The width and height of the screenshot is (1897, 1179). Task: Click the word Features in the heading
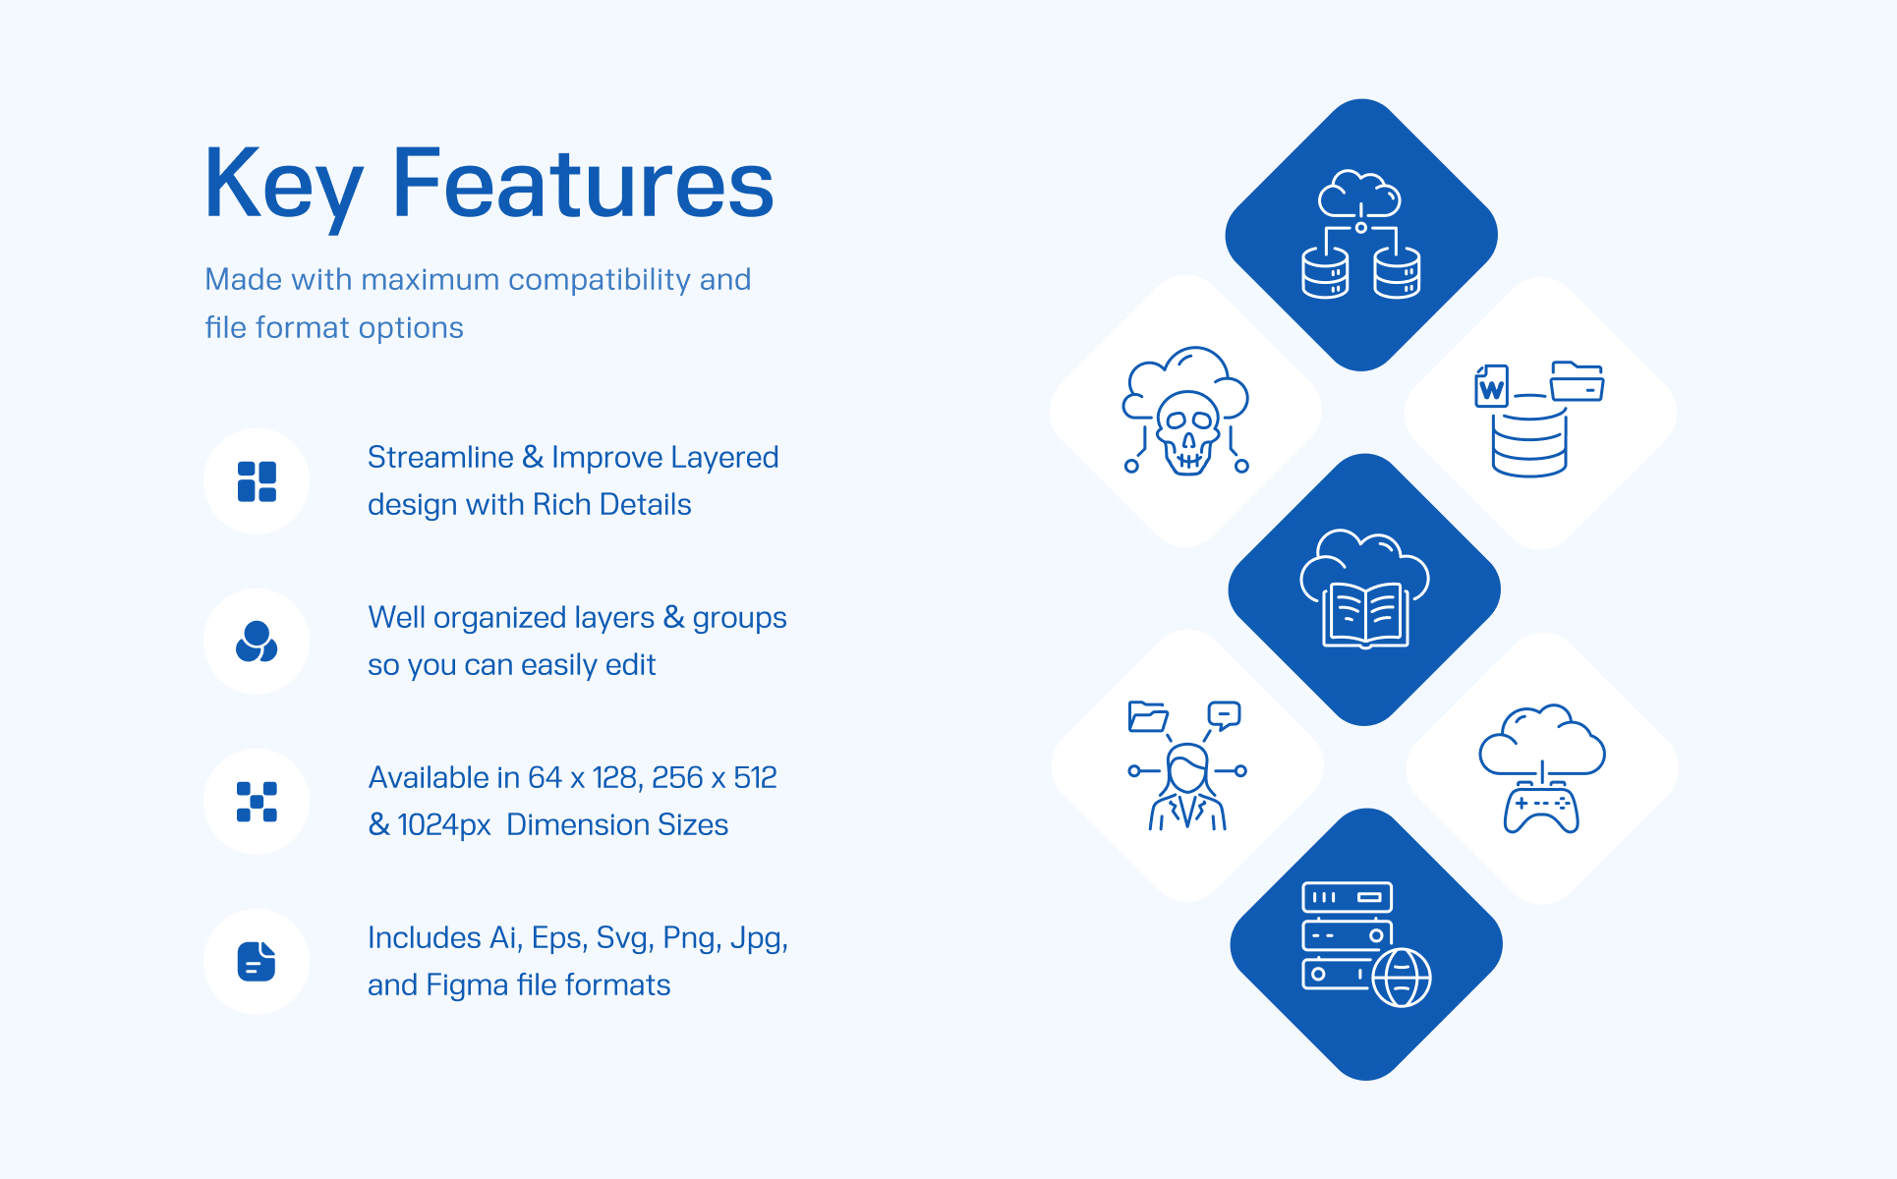click(x=584, y=183)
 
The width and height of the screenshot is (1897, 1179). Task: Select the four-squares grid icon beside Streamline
click(x=257, y=481)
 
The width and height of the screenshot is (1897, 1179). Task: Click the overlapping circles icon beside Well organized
click(x=257, y=642)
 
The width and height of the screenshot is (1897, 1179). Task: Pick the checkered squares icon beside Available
click(x=257, y=802)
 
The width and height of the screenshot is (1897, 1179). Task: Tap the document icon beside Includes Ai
click(x=257, y=962)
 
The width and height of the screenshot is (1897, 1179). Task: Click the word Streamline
click(x=440, y=457)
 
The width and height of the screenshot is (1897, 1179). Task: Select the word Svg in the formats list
click(x=621, y=938)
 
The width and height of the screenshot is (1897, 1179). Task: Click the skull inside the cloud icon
click(x=1187, y=432)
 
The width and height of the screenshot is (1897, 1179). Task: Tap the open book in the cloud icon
click(x=1365, y=615)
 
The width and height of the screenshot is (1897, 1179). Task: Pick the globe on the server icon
click(x=1402, y=978)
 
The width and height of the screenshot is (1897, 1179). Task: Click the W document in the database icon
click(x=1491, y=386)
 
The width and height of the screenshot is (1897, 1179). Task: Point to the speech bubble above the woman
click(x=1224, y=714)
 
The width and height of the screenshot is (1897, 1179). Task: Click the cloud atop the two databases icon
click(x=1359, y=194)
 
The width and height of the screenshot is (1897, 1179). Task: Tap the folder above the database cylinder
click(x=1577, y=381)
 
